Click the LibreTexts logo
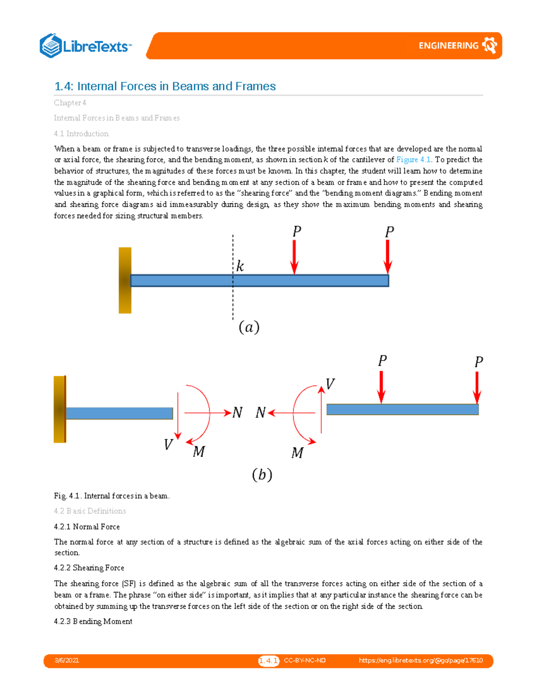[86, 46]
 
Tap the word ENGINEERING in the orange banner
[448, 46]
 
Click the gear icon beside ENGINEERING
[490, 46]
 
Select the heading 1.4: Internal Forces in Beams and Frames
[165, 86]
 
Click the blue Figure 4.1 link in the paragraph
[413, 160]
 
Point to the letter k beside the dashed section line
[240, 266]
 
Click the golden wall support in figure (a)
[125, 280]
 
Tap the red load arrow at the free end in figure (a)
[388, 257]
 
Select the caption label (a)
[249, 327]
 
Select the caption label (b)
[262, 474]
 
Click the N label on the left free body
[237, 412]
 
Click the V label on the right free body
[330, 384]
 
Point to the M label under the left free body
[199, 452]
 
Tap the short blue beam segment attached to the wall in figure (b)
[119, 413]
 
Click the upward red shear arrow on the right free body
[321, 409]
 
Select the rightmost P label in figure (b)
[478, 362]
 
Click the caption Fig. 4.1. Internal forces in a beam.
[111, 496]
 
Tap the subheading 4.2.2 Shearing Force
[89, 568]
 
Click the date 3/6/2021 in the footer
[67, 660]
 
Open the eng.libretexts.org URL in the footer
[421, 660]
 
